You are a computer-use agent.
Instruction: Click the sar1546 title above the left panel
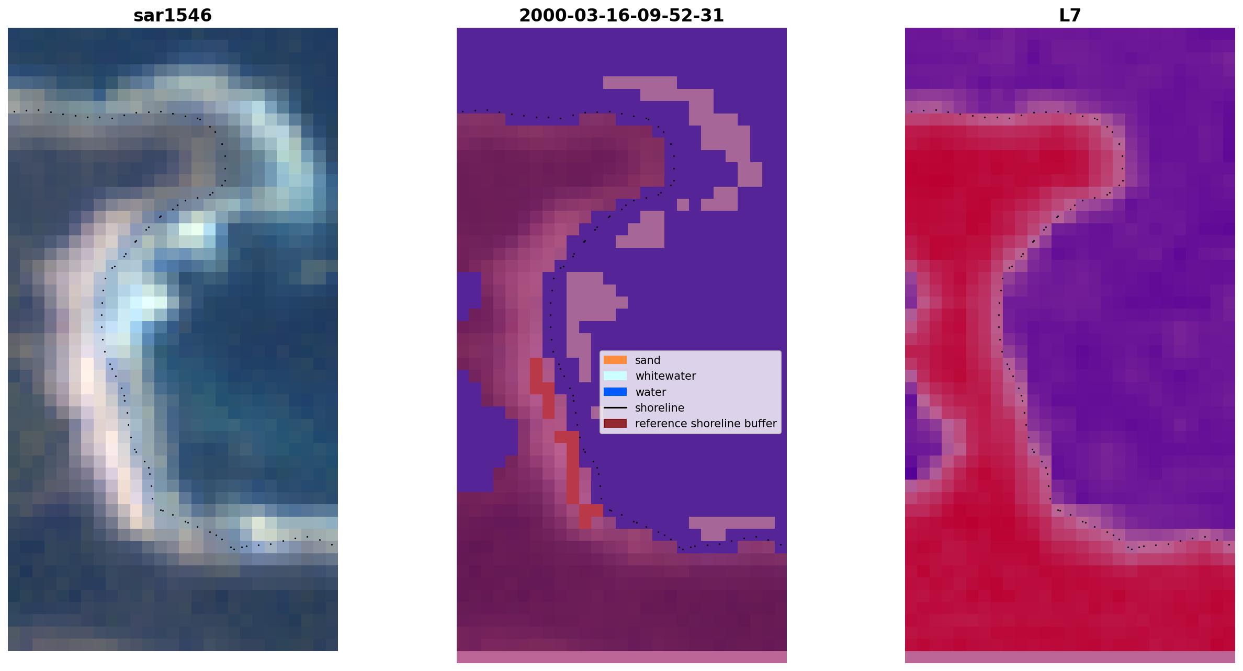point(173,15)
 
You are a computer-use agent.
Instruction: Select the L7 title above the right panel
point(1070,15)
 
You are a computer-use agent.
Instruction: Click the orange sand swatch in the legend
point(615,360)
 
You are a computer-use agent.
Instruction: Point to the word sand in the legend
point(648,360)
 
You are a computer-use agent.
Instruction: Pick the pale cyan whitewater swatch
point(615,376)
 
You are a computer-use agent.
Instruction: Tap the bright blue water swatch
point(615,392)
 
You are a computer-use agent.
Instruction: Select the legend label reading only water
point(650,392)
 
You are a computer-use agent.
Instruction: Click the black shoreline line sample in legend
point(615,407)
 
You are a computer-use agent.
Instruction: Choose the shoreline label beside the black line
point(660,408)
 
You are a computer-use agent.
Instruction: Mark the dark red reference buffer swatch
point(615,423)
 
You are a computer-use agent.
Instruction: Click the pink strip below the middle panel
point(621,657)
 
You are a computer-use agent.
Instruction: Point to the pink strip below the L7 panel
point(1070,657)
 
